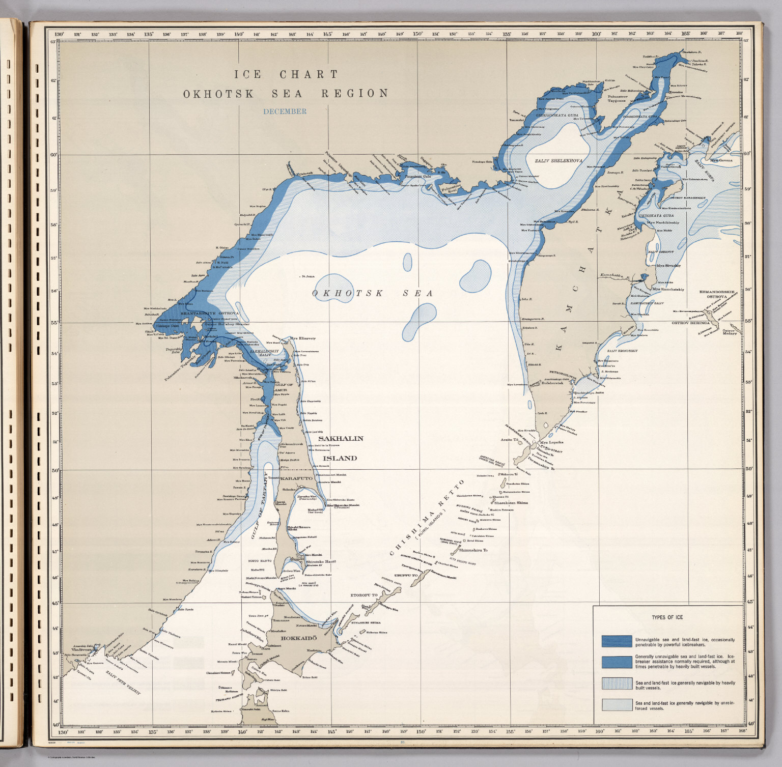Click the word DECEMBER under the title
[285, 111]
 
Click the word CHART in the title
[309, 74]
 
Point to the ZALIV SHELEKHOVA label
[558, 161]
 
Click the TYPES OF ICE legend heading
[667, 617]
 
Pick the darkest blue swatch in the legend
[617, 641]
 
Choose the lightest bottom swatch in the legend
[617, 704]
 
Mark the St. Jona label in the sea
[308, 276]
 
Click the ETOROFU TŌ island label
[364, 594]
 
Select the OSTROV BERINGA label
[690, 323]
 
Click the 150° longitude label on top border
[417, 34]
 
